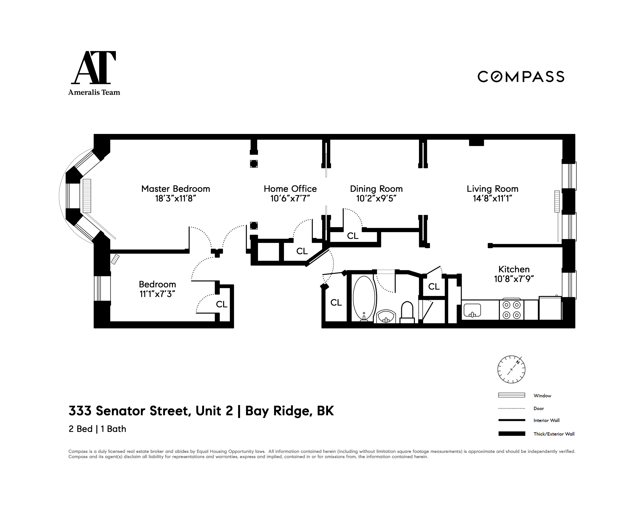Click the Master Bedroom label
click(x=176, y=189)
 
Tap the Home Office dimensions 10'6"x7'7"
click(x=290, y=199)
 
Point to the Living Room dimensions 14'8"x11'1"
click(x=492, y=199)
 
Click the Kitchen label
click(x=514, y=269)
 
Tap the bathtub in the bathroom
click(x=364, y=298)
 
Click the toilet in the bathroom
click(x=407, y=312)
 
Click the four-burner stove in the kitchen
click(x=511, y=310)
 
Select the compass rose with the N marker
click(x=511, y=369)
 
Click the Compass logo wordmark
click(x=521, y=77)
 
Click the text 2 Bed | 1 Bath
click(x=97, y=429)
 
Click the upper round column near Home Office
click(x=254, y=164)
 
